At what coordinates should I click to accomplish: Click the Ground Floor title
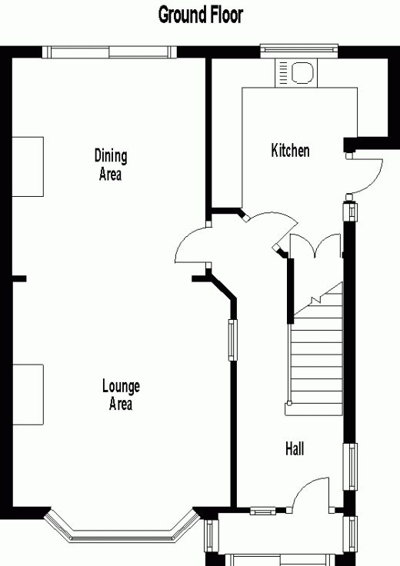coord(200,15)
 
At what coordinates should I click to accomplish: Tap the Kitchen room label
coord(290,150)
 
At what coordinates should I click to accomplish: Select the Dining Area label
coord(111,165)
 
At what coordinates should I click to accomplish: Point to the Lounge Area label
coord(121,395)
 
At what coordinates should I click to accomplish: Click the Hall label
coord(295,448)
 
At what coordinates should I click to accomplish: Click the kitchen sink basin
coord(302,72)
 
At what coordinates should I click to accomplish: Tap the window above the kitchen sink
coord(299,51)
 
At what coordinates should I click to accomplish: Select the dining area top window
coord(109,52)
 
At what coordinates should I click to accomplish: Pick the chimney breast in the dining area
coord(28,167)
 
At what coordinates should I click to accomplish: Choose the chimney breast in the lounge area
coord(28,395)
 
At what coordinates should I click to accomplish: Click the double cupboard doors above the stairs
coord(316,246)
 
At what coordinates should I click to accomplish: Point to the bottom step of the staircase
coord(313,409)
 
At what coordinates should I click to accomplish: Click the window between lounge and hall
coord(233,340)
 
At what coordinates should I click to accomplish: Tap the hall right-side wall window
coord(349,466)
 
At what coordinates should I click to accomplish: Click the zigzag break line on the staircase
coord(318,298)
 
